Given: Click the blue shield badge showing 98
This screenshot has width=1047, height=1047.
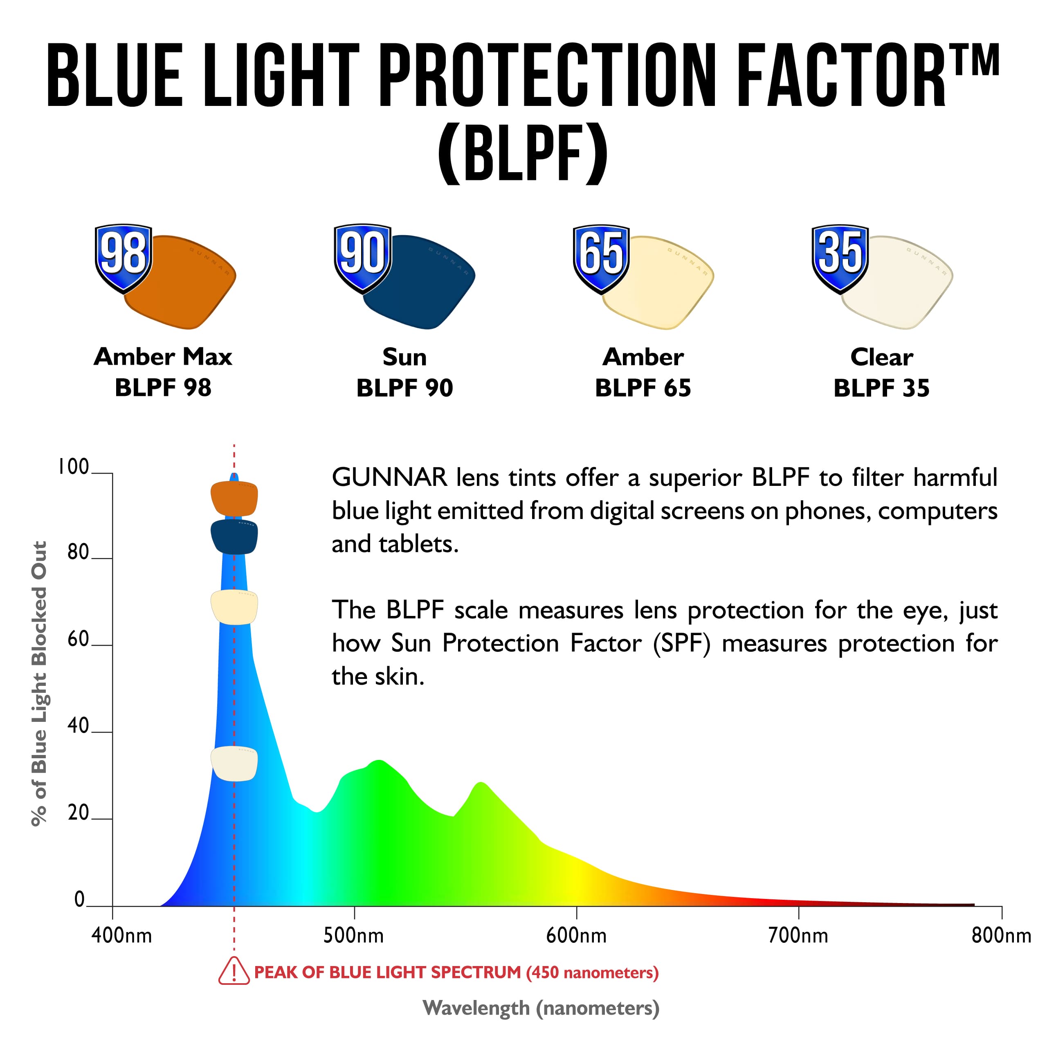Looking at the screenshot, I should coord(124,257).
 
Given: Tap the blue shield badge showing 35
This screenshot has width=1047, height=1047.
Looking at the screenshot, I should coord(840,257).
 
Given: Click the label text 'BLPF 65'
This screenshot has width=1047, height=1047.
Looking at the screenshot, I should coord(643,388).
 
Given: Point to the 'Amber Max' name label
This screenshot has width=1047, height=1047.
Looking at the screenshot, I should coord(163,357).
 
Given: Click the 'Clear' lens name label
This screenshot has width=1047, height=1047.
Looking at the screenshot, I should coord(881,357).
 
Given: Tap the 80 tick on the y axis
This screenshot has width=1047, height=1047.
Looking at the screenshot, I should coord(79,552).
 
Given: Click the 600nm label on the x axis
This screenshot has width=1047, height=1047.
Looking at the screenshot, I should coord(576,935).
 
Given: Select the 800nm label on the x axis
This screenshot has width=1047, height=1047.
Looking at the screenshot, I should coord(1001,935).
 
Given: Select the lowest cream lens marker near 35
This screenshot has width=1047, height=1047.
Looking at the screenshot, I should coord(234,763).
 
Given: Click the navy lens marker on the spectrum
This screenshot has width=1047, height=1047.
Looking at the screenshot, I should coord(234,537).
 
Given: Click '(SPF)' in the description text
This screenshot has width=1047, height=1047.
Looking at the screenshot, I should coord(681,644).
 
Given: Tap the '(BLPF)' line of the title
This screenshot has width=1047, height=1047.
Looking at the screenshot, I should coord(523,153).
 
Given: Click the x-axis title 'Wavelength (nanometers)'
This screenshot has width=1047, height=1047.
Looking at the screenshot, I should coord(541,1008).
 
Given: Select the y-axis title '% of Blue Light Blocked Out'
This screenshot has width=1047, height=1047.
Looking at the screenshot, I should coord(39,683).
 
